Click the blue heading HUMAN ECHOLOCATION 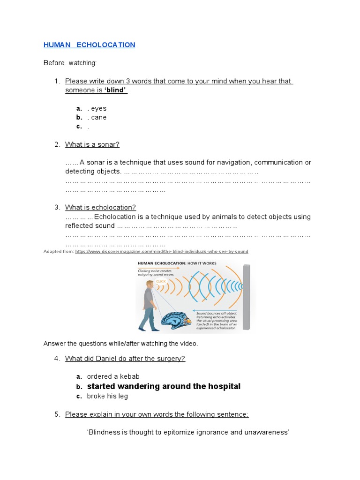coord(89,45)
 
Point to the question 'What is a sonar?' coord(92,144)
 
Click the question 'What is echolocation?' coord(100,207)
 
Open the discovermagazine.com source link coord(162,252)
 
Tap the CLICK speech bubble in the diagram coord(161,281)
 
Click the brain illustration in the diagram coord(176,320)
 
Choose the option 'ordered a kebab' coord(113,376)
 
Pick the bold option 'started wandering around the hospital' coord(164,386)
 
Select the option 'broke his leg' coord(107,396)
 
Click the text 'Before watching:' coord(70,63)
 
